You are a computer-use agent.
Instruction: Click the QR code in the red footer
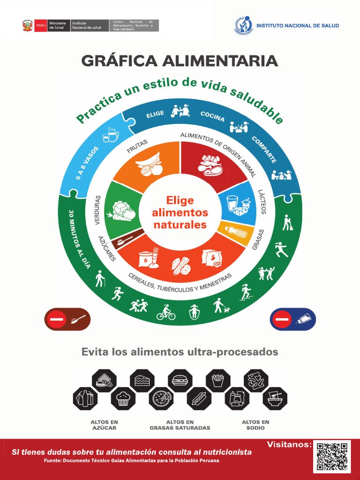332,457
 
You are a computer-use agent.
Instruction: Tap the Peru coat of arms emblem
27,26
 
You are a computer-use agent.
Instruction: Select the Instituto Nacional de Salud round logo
243,26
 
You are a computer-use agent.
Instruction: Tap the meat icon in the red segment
210,165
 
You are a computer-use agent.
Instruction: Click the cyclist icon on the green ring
166,312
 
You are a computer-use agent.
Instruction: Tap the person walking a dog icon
221,306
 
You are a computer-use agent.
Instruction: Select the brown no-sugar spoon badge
67,320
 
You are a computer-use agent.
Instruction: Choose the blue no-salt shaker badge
293,320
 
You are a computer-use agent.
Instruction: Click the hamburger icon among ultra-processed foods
180,380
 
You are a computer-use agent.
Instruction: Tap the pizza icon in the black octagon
161,398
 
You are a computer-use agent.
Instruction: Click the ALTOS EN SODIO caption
255,425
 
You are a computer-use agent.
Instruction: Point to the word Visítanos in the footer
289,444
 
